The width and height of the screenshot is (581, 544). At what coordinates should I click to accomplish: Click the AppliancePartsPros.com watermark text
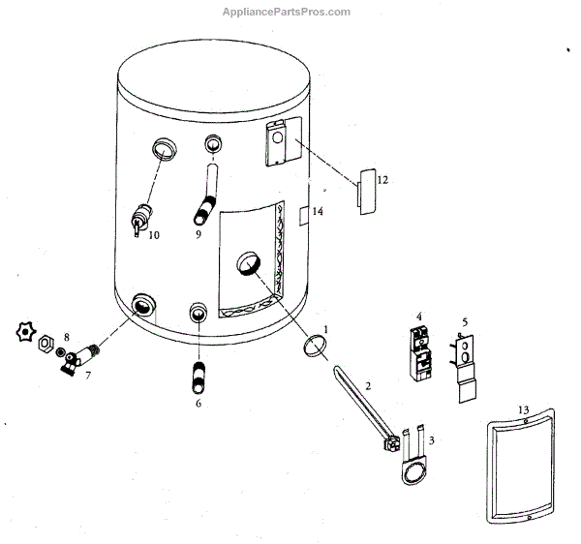pos(286,12)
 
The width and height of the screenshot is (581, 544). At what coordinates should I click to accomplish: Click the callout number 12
pos(382,180)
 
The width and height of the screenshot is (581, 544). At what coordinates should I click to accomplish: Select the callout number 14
pos(317,211)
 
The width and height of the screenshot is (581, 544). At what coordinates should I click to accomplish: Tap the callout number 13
pos(522,410)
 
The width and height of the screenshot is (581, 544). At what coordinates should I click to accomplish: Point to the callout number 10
pos(154,235)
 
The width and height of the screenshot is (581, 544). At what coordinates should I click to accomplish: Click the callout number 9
pos(198,235)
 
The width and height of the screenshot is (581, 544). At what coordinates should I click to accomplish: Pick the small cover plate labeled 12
pos(366,191)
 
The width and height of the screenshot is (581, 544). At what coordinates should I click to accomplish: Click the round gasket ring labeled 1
pos(313,344)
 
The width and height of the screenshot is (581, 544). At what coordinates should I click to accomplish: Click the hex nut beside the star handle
pos(45,343)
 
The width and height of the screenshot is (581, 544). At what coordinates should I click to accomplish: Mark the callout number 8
pos(66,337)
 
